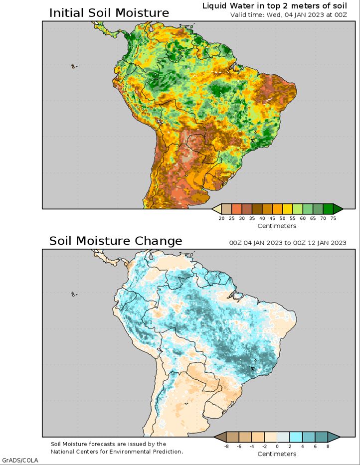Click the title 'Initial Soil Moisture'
click(x=109, y=13)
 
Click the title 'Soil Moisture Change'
click(x=115, y=241)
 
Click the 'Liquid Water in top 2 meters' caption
click(x=274, y=6)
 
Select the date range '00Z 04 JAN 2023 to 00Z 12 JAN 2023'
click(x=288, y=243)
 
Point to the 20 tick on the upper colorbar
click(x=221, y=218)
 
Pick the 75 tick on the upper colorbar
click(x=333, y=218)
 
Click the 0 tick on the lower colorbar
click(x=277, y=447)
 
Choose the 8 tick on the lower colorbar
click(x=328, y=447)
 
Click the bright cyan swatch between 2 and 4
click(x=296, y=437)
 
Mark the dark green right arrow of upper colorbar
click(x=338, y=209)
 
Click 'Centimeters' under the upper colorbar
click(x=277, y=226)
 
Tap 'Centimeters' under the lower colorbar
click(x=277, y=454)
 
